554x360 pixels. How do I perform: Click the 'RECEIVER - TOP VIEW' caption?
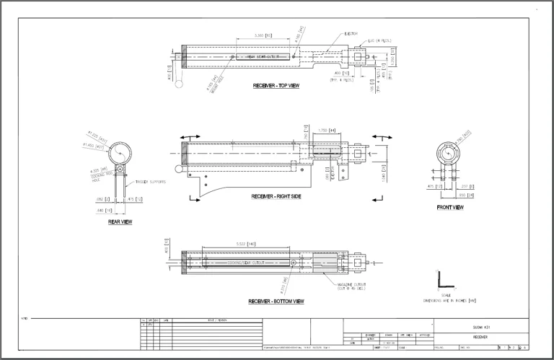(x=276, y=86)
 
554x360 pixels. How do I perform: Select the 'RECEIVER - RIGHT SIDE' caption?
(x=277, y=196)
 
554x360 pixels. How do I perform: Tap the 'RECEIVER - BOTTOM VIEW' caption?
(x=276, y=301)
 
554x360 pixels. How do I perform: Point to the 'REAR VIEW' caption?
(x=120, y=222)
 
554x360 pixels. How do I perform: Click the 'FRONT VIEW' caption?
(x=450, y=208)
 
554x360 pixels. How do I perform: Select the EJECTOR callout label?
(x=350, y=33)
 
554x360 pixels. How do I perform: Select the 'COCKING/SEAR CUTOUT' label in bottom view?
(x=246, y=263)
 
